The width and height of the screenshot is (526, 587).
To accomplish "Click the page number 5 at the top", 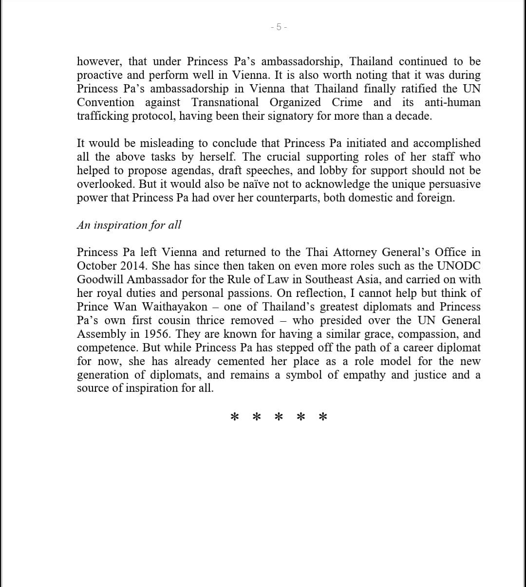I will coord(279,27).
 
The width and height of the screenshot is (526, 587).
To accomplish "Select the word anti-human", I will coord(452,102).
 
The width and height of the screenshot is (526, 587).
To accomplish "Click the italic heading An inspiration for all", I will coord(129,225).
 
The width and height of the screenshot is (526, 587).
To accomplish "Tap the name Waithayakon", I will coord(174,307).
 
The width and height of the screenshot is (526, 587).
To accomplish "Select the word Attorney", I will coord(355,252).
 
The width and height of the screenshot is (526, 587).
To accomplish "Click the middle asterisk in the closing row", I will coord(279,417).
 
